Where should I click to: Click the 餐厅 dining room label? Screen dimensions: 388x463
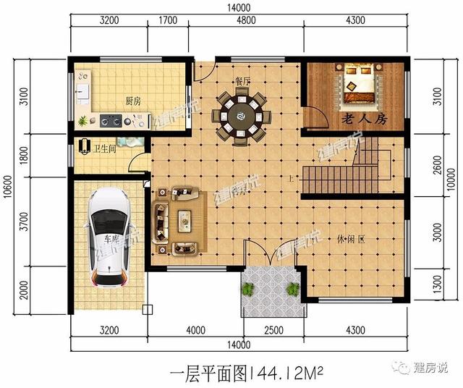[242, 82]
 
